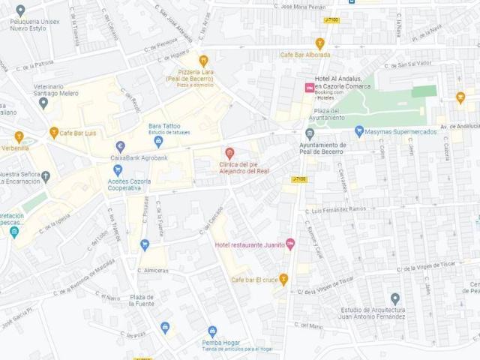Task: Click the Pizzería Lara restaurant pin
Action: [202, 61]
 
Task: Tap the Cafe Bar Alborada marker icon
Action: [320, 43]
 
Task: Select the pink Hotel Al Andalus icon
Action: [308, 88]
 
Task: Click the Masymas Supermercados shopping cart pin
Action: [359, 131]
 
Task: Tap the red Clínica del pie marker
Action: [230, 153]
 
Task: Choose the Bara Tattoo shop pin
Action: [158, 141]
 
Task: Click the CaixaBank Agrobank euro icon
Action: [120, 146]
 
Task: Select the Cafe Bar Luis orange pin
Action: [54, 133]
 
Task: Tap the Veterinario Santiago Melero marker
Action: [43, 103]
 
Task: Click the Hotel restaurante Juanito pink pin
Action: [290, 244]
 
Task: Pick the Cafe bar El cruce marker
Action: [283, 279]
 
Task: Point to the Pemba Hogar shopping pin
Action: [212, 331]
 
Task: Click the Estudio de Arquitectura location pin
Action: [395, 298]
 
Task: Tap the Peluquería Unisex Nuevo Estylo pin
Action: [20, 10]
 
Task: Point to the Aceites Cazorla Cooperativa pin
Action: [118, 170]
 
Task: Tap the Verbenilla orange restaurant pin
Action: [19, 137]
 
